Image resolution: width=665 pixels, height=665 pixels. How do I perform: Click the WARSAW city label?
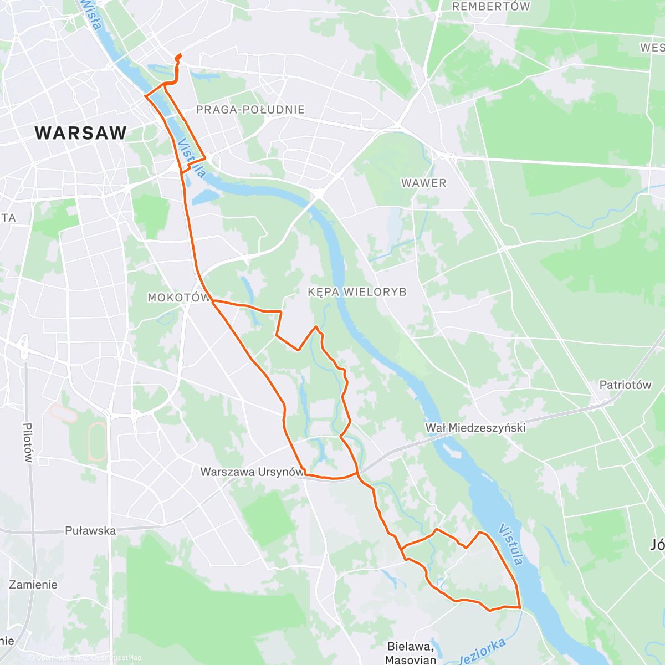pyautogui.click(x=81, y=133)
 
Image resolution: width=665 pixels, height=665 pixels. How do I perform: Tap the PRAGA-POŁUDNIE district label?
pyautogui.click(x=250, y=110)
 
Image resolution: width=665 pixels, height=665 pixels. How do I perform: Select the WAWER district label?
pyautogui.click(x=424, y=183)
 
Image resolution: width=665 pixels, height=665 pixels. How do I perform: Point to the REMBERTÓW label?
pyautogui.click(x=491, y=7)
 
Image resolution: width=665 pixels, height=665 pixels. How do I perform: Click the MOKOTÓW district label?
pyautogui.click(x=178, y=298)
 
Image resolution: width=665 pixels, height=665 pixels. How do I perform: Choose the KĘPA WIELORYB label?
pyautogui.click(x=357, y=292)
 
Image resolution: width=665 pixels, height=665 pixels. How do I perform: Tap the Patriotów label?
pyautogui.click(x=625, y=385)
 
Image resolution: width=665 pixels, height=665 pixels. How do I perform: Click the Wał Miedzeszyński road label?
pyautogui.click(x=475, y=427)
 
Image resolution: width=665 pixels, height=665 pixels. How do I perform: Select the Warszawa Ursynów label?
pyautogui.click(x=252, y=472)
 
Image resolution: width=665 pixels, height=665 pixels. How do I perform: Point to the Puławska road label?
pyautogui.click(x=90, y=531)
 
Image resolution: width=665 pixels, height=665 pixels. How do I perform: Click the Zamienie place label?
pyautogui.click(x=33, y=585)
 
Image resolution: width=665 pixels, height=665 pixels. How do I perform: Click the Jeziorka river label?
pyautogui.click(x=483, y=651)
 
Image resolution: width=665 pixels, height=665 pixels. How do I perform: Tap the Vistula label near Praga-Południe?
pyautogui.click(x=191, y=158)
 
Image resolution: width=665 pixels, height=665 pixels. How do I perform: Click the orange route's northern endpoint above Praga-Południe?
pyautogui.click(x=179, y=55)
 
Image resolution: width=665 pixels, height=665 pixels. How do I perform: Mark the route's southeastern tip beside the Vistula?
pyautogui.click(x=520, y=608)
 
